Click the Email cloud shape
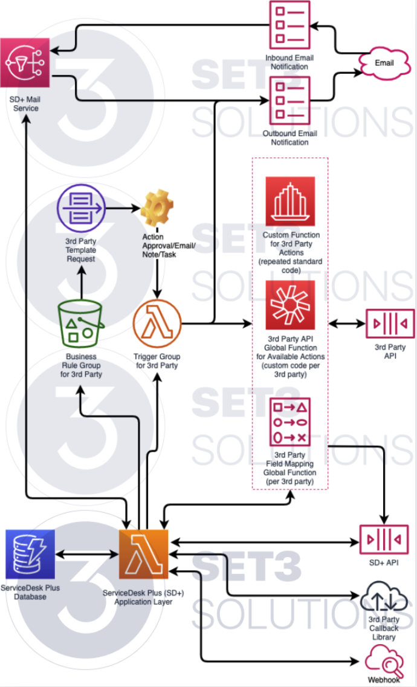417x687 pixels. coord(384,63)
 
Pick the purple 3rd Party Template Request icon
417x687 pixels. coord(80,209)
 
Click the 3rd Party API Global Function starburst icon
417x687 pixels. coord(290,305)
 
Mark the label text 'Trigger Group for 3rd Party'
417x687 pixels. coord(158,361)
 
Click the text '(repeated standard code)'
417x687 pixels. coord(290,266)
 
